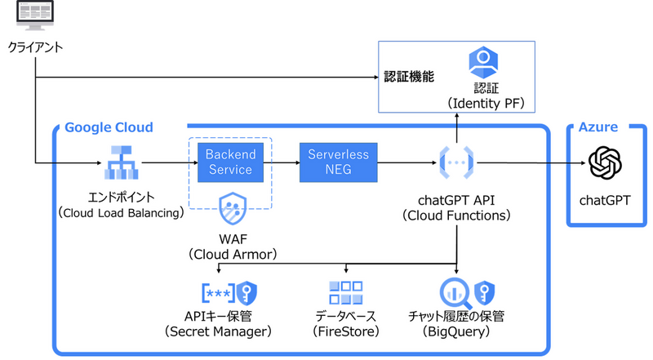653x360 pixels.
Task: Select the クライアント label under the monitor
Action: [x=35, y=48]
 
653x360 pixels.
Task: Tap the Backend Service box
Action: [x=230, y=162]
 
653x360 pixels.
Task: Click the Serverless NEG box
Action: [x=338, y=162]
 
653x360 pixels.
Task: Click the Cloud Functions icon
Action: [x=456, y=163]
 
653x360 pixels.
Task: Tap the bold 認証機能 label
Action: [x=409, y=77]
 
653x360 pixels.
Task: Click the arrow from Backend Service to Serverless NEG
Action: [x=285, y=163]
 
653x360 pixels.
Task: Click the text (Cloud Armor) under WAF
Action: [x=233, y=255]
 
